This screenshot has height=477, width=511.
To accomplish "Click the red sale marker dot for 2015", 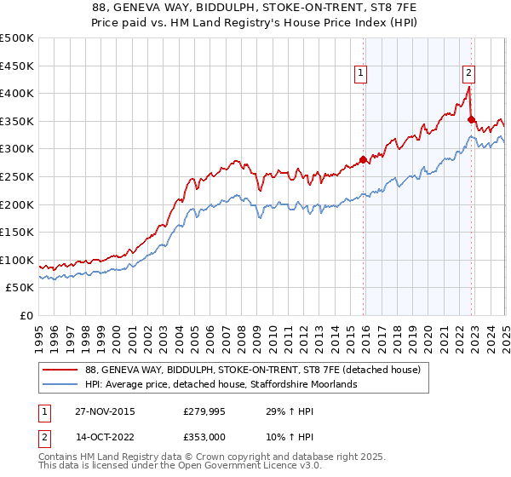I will (363, 159).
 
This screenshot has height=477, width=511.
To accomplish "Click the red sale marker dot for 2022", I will (471, 119).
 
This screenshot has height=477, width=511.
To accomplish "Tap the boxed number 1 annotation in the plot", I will (361, 74).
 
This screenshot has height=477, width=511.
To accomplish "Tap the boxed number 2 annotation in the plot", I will (469, 74).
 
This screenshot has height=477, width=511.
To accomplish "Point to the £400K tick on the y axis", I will (18, 94).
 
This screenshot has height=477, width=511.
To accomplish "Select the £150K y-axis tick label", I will (18, 232).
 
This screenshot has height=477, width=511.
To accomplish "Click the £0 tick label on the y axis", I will (26, 315).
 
